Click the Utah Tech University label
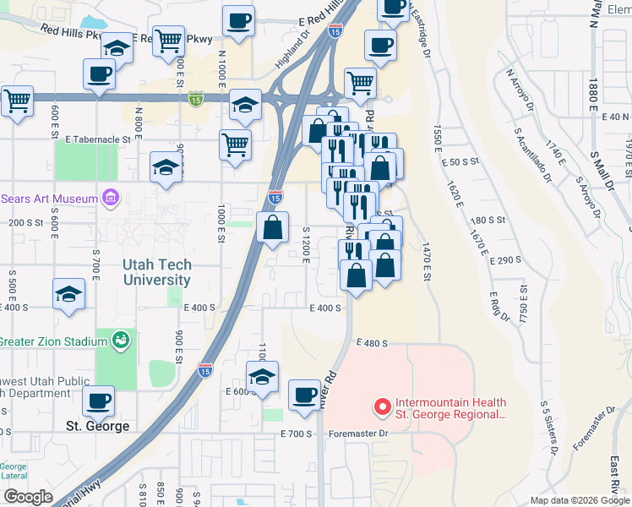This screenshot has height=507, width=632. coord(157,272)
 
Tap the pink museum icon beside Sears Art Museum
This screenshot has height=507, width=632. coord(109,199)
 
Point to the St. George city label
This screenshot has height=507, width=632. coord(98,426)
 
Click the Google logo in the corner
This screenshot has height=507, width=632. coord(27,497)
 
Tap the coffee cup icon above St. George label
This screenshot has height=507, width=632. coord(99,398)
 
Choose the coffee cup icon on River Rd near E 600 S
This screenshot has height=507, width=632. coord(304,393)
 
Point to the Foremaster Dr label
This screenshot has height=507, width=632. coord(359,433)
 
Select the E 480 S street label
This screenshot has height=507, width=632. coord(372,343)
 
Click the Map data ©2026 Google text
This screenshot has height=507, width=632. coord(579,500)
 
